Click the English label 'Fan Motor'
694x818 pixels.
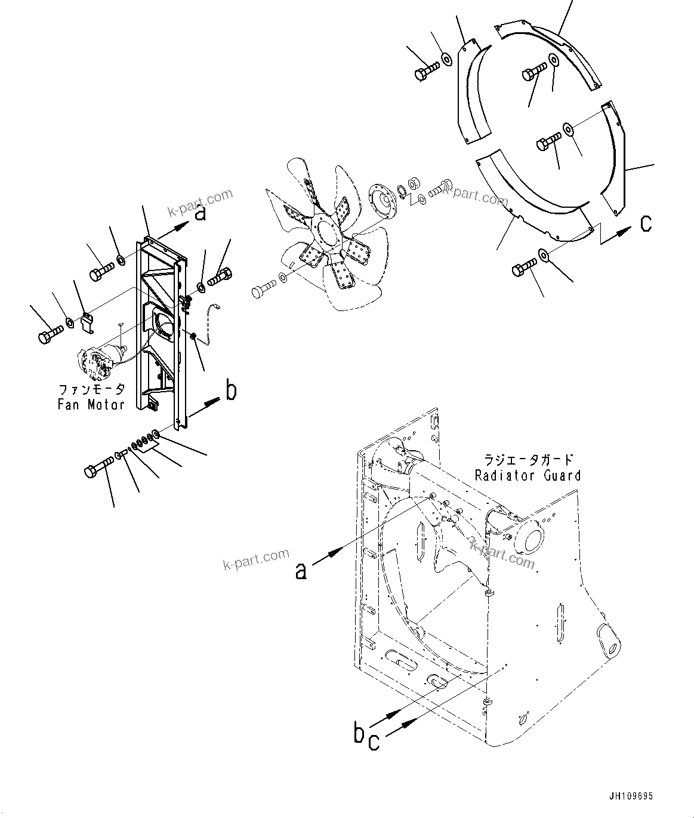tap(91, 405)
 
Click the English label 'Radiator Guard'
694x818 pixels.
tap(528, 475)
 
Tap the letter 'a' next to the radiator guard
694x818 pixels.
tap(301, 571)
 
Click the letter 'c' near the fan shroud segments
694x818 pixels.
tap(646, 223)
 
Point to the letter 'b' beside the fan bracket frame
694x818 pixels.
tap(231, 390)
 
